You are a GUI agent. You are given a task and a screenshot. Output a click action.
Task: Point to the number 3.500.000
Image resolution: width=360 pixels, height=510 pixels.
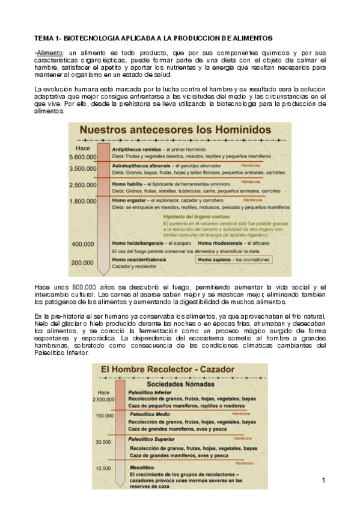pos(84,168)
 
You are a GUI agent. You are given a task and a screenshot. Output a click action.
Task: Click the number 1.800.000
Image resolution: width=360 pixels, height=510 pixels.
pos(84,201)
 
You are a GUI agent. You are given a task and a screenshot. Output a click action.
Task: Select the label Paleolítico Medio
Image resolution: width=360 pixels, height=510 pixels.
pos(149,415)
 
